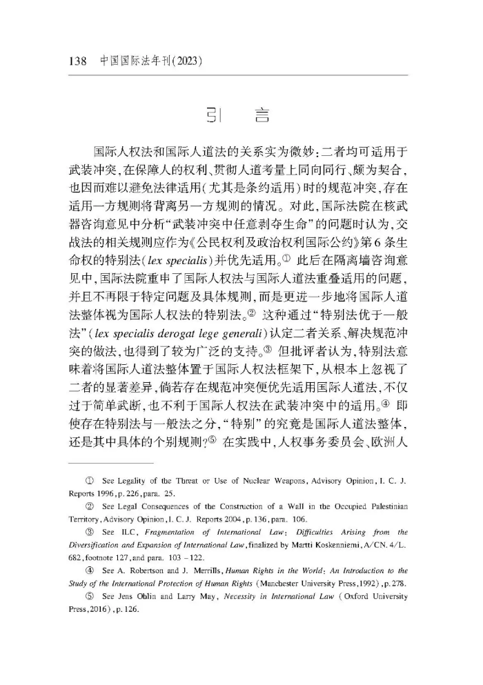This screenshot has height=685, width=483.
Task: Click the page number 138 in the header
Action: pyautogui.click(x=78, y=61)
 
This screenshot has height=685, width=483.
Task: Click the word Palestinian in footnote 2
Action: pyautogui.click(x=382, y=506)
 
